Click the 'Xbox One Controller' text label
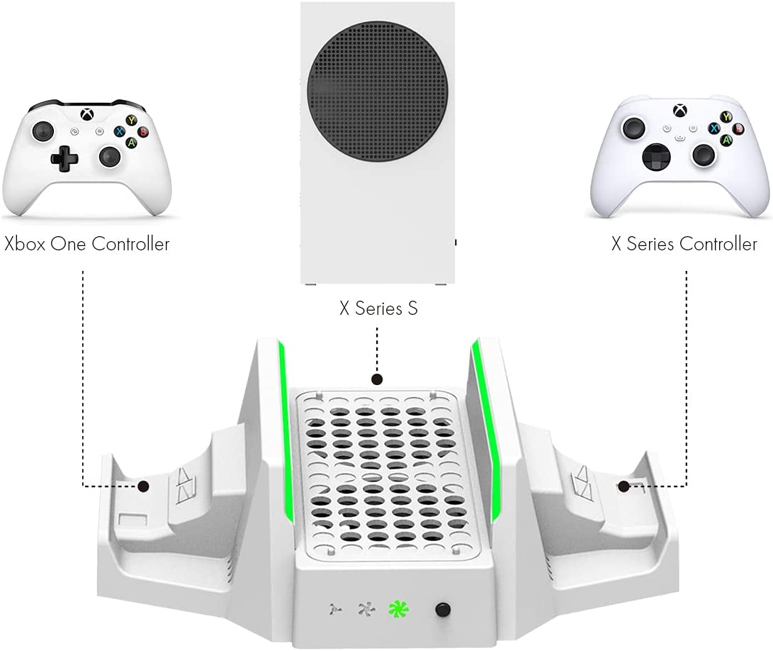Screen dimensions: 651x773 (x=87, y=245)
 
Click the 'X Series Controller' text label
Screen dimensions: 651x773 (x=684, y=245)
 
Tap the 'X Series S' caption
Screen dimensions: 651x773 (x=377, y=309)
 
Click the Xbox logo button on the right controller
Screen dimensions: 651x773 (x=681, y=111)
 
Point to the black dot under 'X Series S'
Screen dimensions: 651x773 (x=378, y=379)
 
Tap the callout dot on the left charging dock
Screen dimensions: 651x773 (x=144, y=486)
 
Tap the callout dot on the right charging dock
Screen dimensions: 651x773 (x=624, y=486)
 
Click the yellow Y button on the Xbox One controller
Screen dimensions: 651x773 (x=132, y=121)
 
